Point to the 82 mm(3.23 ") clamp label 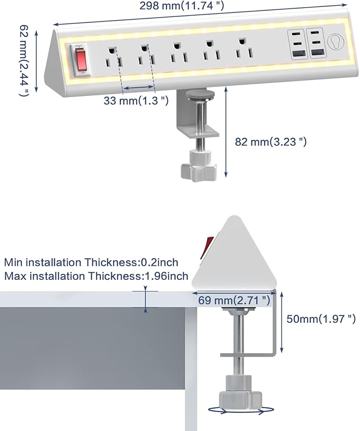(x=270, y=142)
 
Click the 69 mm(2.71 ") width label (x=234, y=300)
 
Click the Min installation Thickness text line (x=91, y=262)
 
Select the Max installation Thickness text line (x=96, y=276)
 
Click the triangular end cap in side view (x=236, y=255)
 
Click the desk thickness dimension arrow (x=145, y=299)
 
